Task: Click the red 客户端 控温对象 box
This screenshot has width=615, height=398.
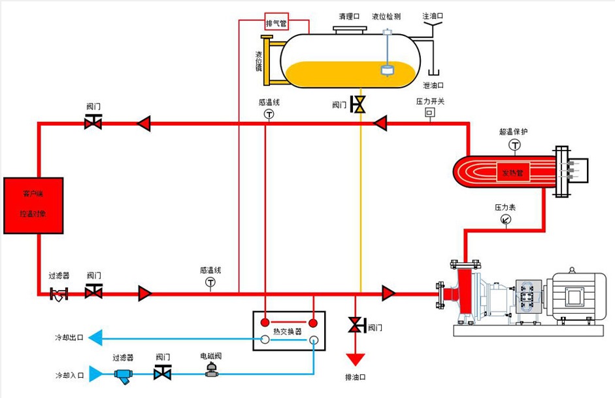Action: pyautogui.click(x=33, y=205)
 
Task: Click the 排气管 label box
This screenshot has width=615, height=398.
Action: pyautogui.click(x=276, y=23)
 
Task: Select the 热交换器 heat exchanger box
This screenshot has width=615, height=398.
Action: pyautogui.click(x=289, y=331)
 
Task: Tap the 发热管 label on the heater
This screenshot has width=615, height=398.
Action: pyautogui.click(x=513, y=173)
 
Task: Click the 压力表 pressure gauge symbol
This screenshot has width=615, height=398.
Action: pyautogui.click(x=505, y=219)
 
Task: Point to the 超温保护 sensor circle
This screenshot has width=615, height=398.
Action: pyautogui.click(x=515, y=145)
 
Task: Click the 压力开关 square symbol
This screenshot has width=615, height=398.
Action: pyautogui.click(x=430, y=113)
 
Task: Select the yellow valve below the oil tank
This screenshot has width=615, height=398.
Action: pyautogui.click(x=358, y=105)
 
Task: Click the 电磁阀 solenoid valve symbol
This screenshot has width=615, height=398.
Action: pyautogui.click(x=211, y=370)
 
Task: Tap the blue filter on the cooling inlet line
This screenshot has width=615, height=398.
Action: pyautogui.click(x=123, y=375)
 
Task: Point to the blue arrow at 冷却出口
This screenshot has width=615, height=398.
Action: pyautogui.click(x=95, y=338)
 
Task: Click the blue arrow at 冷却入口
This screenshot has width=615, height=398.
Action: pyautogui.click(x=95, y=374)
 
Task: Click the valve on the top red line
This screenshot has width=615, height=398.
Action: pyautogui.click(x=93, y=122)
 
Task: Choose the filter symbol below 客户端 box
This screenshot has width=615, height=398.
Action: pyautogui.click(x=59, y=293)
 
